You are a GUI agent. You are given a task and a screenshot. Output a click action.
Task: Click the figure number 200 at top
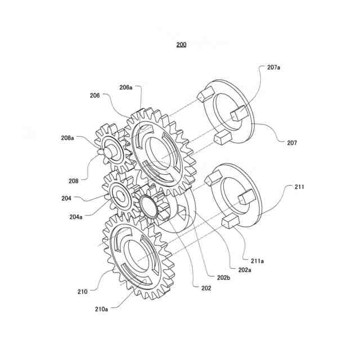181,44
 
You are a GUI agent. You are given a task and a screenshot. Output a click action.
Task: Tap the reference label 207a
274,67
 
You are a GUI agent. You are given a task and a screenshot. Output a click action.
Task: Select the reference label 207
291,143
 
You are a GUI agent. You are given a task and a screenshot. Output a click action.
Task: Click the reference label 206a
125,87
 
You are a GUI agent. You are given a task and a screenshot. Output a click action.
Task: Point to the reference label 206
94,96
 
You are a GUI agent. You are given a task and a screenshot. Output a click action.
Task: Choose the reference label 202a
244,270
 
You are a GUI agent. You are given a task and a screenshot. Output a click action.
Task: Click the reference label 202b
223,277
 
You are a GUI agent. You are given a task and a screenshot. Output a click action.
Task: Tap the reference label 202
206,288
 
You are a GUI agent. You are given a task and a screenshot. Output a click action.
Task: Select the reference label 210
83,291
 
